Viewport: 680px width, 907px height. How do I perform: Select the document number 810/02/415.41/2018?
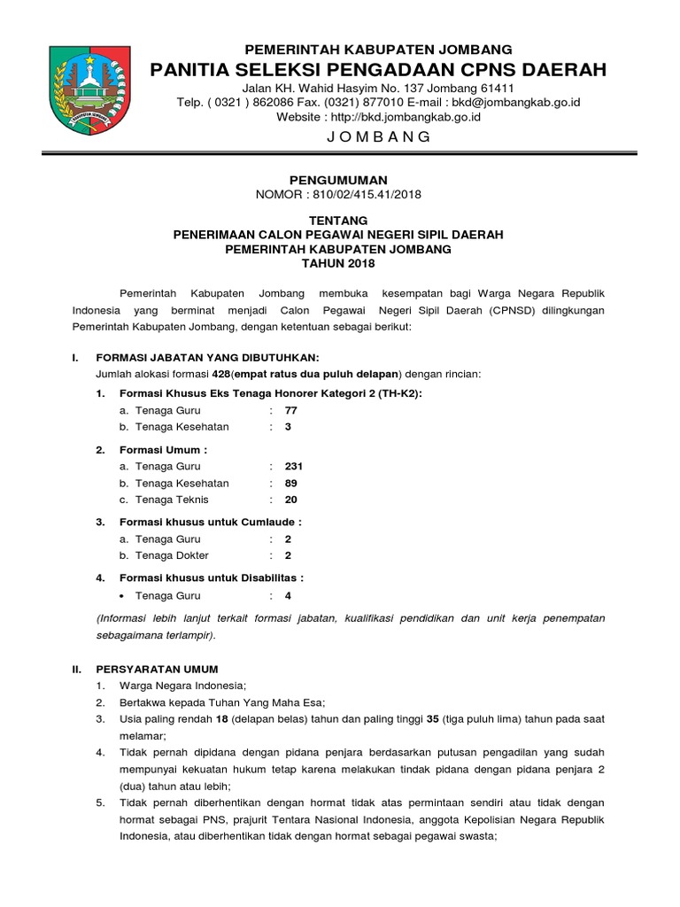[x=373, y=196]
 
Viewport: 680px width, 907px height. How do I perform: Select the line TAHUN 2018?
[x=338, y=264]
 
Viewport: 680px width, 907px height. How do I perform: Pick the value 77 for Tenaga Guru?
[x=291, y=410]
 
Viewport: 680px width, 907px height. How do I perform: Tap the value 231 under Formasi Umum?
[x=294, y=467]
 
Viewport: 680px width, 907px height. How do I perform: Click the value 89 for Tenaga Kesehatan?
[x=291, y=484]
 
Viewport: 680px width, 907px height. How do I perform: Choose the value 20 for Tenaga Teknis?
[x=291, y=500]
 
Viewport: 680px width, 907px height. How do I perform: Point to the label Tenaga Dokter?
[x=171, y=555]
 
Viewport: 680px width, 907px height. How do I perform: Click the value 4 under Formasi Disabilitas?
[x=288, y=595]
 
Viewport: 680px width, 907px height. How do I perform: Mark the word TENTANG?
[x=339, y=220]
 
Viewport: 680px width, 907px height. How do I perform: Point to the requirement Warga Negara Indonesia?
[x=182, y=686]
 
